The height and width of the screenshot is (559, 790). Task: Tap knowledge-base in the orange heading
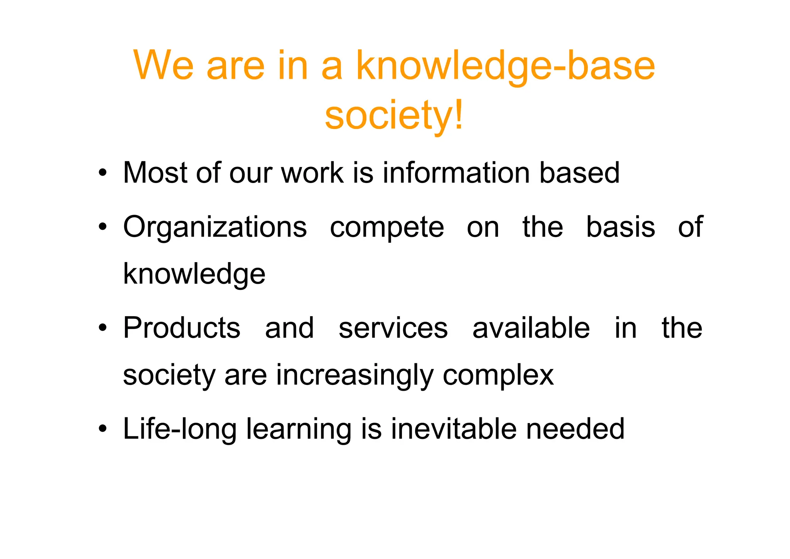505,66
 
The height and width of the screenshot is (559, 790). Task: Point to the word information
456,173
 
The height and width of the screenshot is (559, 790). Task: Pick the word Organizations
215,227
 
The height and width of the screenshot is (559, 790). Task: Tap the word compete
387,227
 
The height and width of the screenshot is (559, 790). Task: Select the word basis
620,227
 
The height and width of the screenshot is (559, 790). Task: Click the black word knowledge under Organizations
194,274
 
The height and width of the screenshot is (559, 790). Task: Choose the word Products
182,328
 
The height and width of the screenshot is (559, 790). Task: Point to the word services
393,328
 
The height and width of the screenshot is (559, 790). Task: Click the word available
531,328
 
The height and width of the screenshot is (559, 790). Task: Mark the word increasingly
354,376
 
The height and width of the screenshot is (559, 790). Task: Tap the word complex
498,376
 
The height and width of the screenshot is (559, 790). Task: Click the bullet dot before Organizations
102,227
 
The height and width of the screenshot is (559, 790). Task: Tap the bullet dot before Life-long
102,429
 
